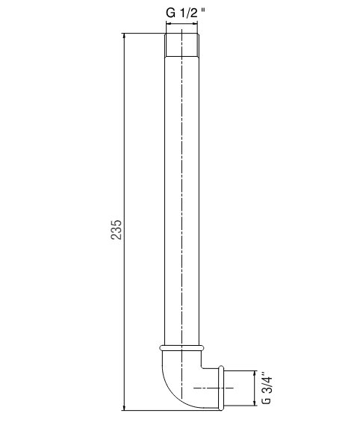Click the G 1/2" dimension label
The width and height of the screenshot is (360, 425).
[x=186, y=13]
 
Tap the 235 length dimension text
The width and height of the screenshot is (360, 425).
[x=117, y=229]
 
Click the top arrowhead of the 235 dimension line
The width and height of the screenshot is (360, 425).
[x=124, y=37]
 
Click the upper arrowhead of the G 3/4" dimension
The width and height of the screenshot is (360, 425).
[x=255, y=374]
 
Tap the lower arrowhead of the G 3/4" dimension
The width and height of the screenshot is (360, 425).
[x=255, y=403]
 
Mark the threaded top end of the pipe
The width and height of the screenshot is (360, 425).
[x=182, y=45]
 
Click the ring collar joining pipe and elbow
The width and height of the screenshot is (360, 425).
[x=181, y=348]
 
